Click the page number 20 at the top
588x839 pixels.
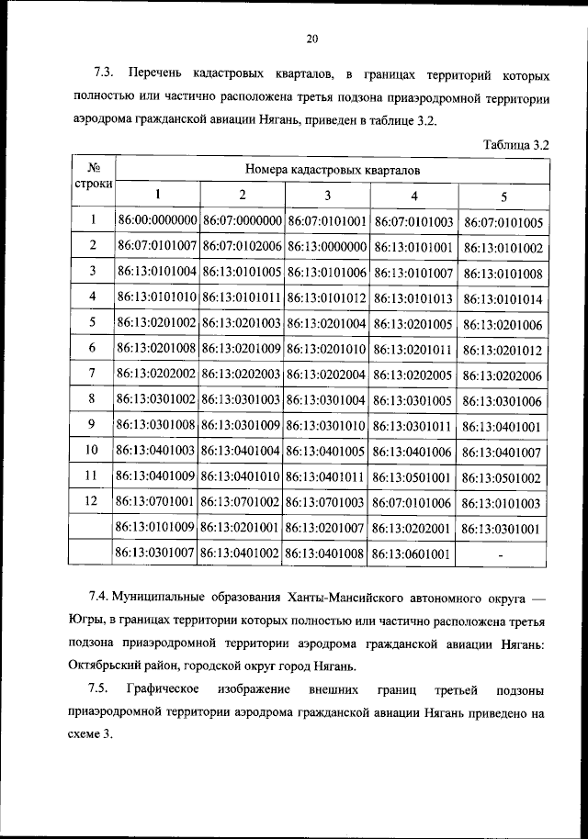[311, 38]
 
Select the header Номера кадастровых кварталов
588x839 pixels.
[334, 169]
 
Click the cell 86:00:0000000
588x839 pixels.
[157, 221]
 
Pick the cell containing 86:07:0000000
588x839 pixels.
[242, 221]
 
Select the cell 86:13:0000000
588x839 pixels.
[327, 247]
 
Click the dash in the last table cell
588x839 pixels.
[502, 554]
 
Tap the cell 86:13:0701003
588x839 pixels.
[327, 502]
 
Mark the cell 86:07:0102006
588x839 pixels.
[242, 247]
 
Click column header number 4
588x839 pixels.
[413, 196]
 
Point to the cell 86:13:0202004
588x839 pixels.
[327, 375]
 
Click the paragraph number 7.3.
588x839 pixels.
[105, 72]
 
